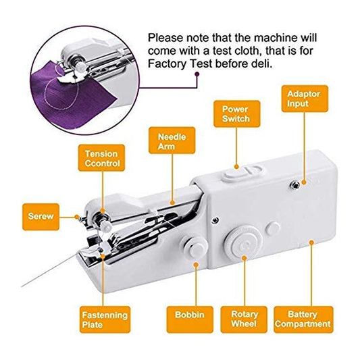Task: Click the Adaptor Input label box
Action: tap(305, 99)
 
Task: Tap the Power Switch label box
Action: tap(236, 114)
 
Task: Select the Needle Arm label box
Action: tap(172, 140)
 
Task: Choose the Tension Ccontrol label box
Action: tap(101, 158)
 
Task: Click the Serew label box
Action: tap(41, 217)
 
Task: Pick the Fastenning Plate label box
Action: tap(105, 319)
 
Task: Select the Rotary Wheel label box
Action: tap(244, 319)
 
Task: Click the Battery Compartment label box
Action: tap(303, 319)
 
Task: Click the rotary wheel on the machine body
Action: tap(244, 242)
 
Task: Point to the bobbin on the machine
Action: tap(195, 247)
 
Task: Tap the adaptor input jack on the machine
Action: tap(294, 185)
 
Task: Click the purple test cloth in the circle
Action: tap(74, 101)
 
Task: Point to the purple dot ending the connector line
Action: tap(197, 74)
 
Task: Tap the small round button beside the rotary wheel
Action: tap(272, 228)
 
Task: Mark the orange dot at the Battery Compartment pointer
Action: tap(311, 242)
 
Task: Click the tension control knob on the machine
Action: tap(102, 221)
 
